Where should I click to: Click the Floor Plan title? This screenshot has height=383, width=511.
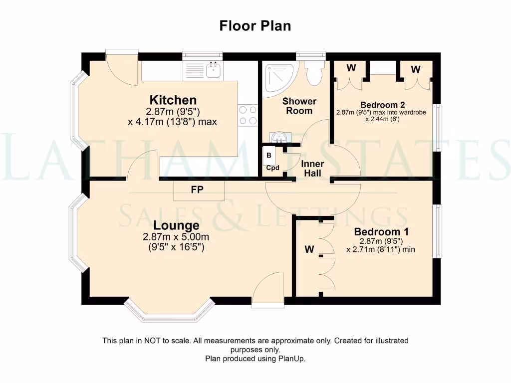click(x=255, y=26)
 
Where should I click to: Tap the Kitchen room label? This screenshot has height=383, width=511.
click(x=174, y=100)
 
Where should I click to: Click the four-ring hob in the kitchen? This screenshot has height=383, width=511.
click(x=248, y=115)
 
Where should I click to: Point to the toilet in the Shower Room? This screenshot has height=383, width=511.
click(x=314, y=73)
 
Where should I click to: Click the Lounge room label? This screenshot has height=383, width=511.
click(x=176, y=225)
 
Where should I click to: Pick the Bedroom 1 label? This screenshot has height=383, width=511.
click(x=377, y=232)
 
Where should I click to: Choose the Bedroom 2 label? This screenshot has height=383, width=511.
click(x=382, y=105)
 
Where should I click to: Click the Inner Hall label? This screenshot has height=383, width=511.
click(x=312, y=169)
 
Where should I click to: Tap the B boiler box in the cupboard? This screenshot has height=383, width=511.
click(x=269, y=156)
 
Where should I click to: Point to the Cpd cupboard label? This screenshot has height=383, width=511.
click(x=272, y=168)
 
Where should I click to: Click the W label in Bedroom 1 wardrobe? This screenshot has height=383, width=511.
click(x=309, y=250)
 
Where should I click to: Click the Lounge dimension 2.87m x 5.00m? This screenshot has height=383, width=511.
click(x=176, y=237)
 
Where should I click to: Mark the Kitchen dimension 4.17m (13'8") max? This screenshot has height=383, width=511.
click(x=172, y=121)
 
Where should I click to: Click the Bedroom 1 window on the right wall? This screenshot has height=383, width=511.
click(x=437, y=231)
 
